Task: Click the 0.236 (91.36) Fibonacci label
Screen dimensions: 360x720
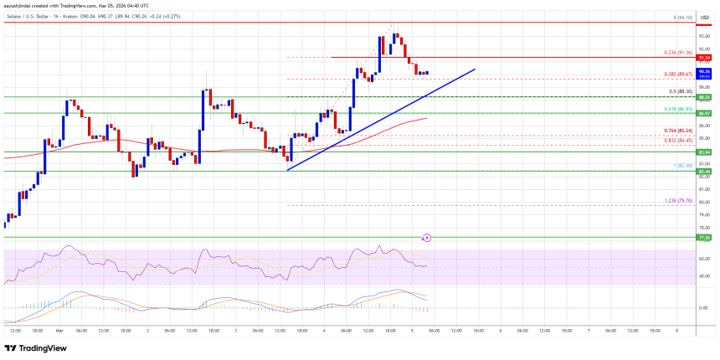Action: [x=677, y=54]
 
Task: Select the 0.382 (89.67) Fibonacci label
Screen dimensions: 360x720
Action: [x=677, y=75]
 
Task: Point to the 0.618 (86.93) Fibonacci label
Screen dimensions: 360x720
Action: [x=677, y=110]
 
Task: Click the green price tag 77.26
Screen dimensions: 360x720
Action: [x=705, y=238]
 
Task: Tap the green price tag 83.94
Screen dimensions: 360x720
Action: [x=705, y=152]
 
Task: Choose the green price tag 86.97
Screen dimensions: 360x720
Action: [x=705, y=113]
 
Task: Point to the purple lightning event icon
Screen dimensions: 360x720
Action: [x=427, y=238]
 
